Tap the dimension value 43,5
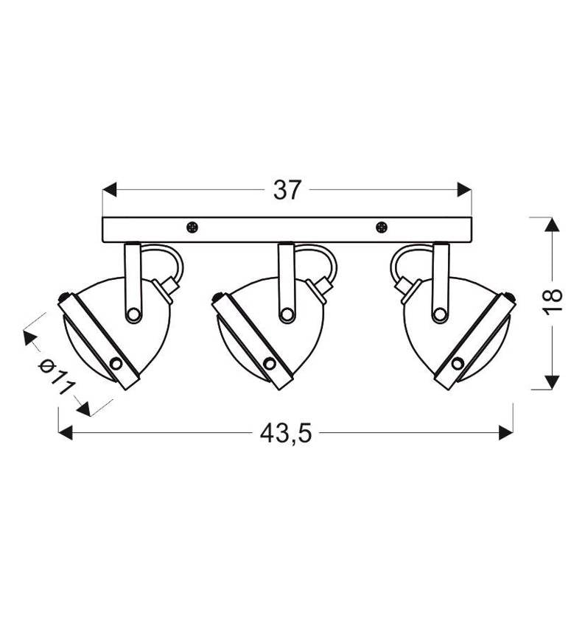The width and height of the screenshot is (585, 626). [286, 433]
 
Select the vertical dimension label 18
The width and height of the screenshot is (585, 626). [553, 296]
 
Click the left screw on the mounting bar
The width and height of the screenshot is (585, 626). [192, 228]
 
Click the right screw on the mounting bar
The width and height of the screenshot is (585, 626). [382, 228]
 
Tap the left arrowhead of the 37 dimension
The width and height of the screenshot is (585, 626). [110, 189]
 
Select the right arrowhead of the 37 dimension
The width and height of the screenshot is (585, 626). [464, 189]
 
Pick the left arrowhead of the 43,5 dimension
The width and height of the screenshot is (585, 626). [66, 433]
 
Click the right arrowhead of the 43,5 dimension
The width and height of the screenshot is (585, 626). [506, 433]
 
